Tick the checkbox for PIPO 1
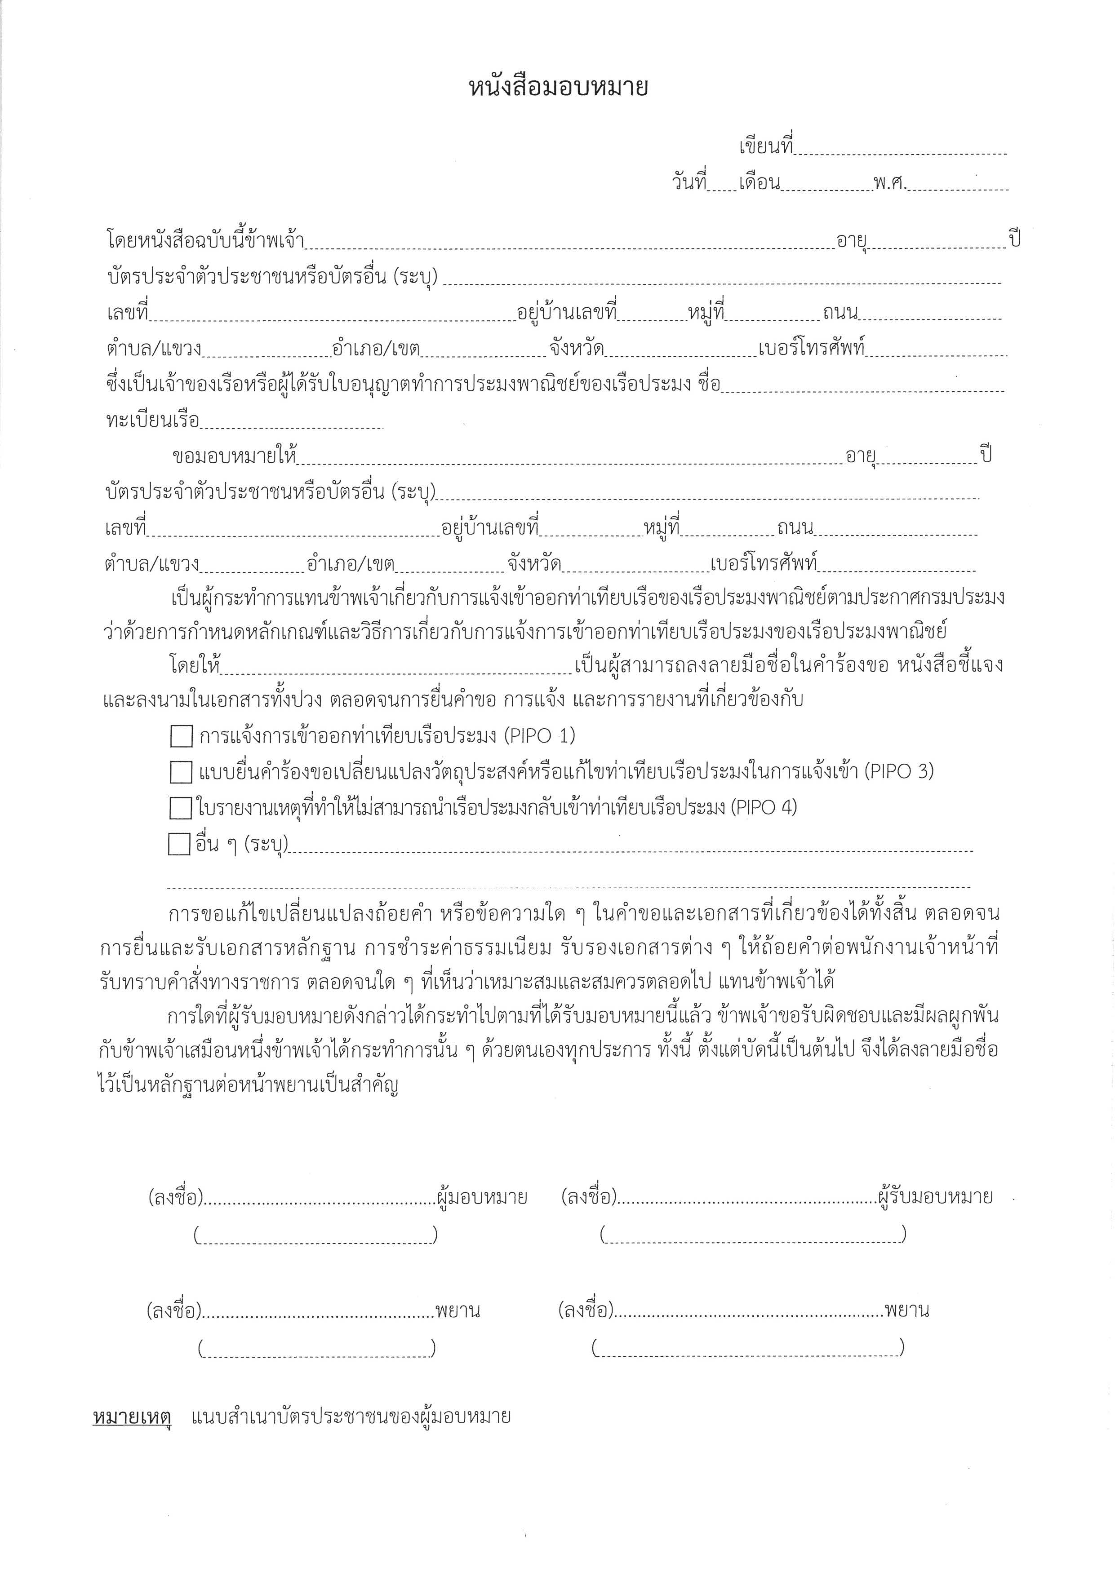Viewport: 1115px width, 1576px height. (181, 736)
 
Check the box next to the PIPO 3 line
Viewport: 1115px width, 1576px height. (181, 772)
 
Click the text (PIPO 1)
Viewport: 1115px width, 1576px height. (540, 736)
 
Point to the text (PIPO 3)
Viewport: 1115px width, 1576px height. (899, 771)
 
